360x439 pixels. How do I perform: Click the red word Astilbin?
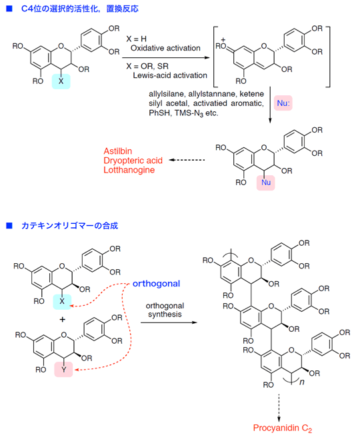(x=117, y=151)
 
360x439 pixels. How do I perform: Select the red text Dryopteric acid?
(x=133, y=161)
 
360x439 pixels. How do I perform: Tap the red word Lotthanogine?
(x=129, y=170)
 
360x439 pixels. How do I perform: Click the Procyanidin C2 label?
(x=283, y=428)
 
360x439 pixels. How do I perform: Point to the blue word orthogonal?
(x=156, y=284)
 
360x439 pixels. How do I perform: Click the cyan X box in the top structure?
(x=61, y=81)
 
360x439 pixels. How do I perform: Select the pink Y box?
(x=63, y=370)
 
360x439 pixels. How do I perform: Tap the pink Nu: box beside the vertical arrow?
(x=283, y=103)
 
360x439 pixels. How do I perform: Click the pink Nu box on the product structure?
(x=266, y=183)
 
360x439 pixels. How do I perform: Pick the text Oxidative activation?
(x=165, y=48)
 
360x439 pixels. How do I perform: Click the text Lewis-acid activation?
(x=170, y=75)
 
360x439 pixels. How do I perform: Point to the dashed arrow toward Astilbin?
(x=187, y=160)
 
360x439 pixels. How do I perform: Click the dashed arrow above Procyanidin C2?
(x=279, y=408)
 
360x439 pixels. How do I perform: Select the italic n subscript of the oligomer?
(x=302, y=382)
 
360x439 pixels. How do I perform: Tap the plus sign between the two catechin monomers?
(x=63, y=320)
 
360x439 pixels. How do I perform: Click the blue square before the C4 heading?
(x=9, y=9)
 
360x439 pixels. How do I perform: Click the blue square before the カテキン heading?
(x=9, y=225)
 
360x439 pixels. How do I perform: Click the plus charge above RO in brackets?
(x=223, y=40)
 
